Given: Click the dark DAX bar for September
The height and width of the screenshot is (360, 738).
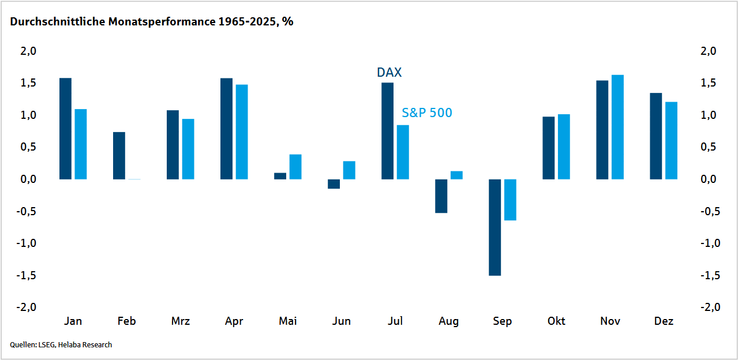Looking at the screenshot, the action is tap(495, 227).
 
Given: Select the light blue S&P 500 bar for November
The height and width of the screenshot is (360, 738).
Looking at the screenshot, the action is tap(617, 127).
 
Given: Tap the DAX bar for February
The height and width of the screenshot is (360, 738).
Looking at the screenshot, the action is tap(119, 156).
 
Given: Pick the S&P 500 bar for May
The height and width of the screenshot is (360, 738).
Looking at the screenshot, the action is tap(295, 167).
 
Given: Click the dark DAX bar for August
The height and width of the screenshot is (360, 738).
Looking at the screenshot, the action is tap(441, 196).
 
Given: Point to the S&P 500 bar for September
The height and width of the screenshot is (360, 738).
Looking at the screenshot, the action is tap(510, 200).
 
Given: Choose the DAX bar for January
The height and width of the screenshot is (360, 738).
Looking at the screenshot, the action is tap(65, 129).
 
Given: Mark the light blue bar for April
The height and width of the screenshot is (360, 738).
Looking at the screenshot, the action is tap(242, 132).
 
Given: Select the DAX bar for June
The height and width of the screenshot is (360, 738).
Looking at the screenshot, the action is tap(334, 184).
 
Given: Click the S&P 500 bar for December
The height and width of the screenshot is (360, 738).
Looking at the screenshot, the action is tap(671, 141).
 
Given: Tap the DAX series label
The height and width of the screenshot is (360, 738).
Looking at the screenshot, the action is tap(389, 73).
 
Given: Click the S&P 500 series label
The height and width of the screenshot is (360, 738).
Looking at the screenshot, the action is tap(427, 112).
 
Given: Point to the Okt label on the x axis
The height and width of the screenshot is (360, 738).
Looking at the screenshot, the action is tap(556, 321).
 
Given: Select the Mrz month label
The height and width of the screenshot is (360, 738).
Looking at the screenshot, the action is tap(181, 321).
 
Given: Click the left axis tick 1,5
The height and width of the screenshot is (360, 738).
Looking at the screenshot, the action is tap(28, 82).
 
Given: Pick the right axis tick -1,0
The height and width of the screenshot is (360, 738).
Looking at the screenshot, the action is tap(710, 243).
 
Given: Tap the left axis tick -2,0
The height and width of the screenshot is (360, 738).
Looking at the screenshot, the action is tap(27, 307).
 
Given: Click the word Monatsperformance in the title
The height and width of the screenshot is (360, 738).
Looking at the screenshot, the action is tap(162, 22).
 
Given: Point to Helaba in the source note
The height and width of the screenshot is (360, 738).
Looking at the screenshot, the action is tap(69, 345).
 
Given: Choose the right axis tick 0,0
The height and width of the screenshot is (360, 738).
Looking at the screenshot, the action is tap(709, 179).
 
